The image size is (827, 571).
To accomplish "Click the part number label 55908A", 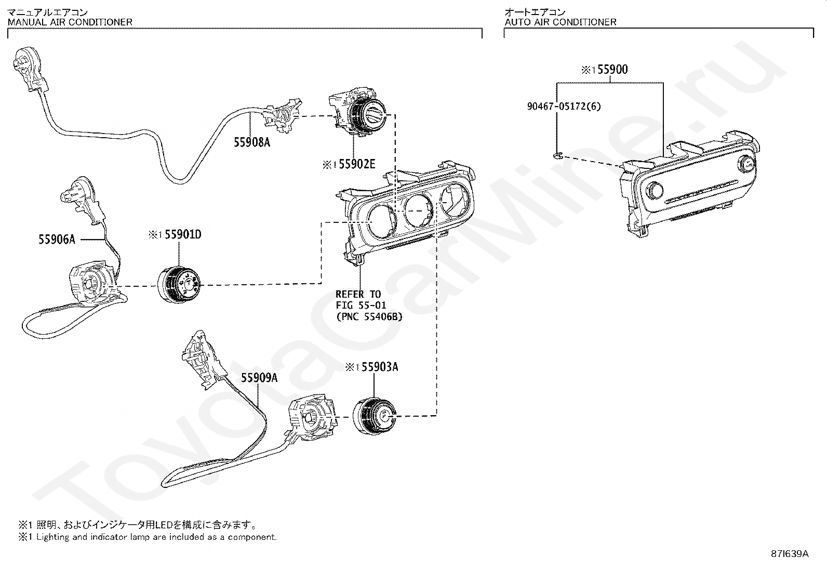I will [x=252, y=142].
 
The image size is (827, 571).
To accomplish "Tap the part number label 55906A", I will [x=57, y=239].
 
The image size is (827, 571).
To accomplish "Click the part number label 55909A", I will [x=259, y=378].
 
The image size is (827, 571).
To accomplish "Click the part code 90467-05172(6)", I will [x=564, y=106].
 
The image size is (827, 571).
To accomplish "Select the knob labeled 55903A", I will [x=374, y=416].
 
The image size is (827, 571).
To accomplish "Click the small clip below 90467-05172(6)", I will [x=556, y=155].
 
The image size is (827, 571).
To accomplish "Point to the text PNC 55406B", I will [x=369, y=316].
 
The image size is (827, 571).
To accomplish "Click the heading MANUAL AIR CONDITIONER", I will [x=70, y=22].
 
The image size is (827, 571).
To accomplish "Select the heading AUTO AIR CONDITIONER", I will [x=561, y=22].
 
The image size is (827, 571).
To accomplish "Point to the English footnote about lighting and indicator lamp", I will [x=148, y=537].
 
